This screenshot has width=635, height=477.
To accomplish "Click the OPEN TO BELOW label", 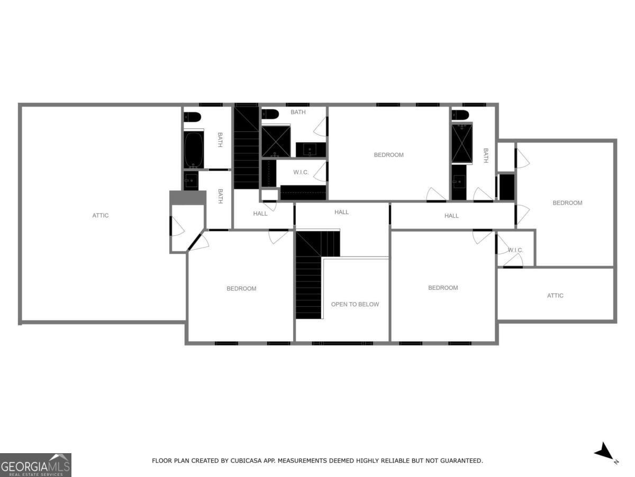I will tap(355, 304).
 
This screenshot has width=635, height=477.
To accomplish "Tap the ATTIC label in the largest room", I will tap(101, 216).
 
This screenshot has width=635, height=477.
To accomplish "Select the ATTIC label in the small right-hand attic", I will tap(555, 296).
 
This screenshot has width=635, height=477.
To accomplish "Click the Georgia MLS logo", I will tap(35, 465).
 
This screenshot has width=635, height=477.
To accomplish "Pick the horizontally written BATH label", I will tap(298, 112).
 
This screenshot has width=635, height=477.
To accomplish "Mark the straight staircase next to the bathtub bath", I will tap(246, 147).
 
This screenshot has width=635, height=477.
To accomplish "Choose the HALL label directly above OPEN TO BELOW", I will tap(341, 212).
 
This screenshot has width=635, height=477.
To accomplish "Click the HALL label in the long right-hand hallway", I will tap(451, 216).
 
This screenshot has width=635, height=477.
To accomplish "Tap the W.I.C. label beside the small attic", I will tap(515, 250).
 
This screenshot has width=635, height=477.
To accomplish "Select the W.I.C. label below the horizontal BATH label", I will tap(301, 172).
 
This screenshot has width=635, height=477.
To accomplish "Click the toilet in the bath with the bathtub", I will tap(192, 117).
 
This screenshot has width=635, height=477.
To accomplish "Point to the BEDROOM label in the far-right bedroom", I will tap(567, 203).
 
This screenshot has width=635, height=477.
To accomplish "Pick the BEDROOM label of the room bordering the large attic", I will tap(241, 289).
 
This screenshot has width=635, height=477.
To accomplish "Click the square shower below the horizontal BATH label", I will tap(276, 142).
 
